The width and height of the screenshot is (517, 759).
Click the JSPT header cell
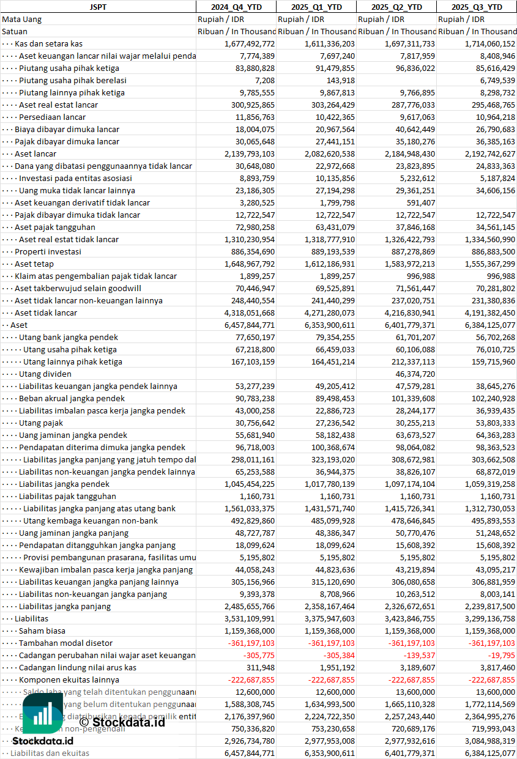pos(98,7)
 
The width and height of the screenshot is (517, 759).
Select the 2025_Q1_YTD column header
pos(316,7)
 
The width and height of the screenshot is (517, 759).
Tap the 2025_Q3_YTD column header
pos(477,7)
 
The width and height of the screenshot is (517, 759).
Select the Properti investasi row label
pos(48,251)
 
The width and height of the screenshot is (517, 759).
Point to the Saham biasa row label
pos(42,631)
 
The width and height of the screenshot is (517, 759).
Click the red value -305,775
pos(260,655)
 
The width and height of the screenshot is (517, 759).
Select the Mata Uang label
pos(22,19)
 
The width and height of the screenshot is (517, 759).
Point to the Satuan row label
pos(15,31)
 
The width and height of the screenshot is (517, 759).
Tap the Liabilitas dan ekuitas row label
pos(50,753)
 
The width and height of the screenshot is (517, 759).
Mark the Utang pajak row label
pos(41,423)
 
